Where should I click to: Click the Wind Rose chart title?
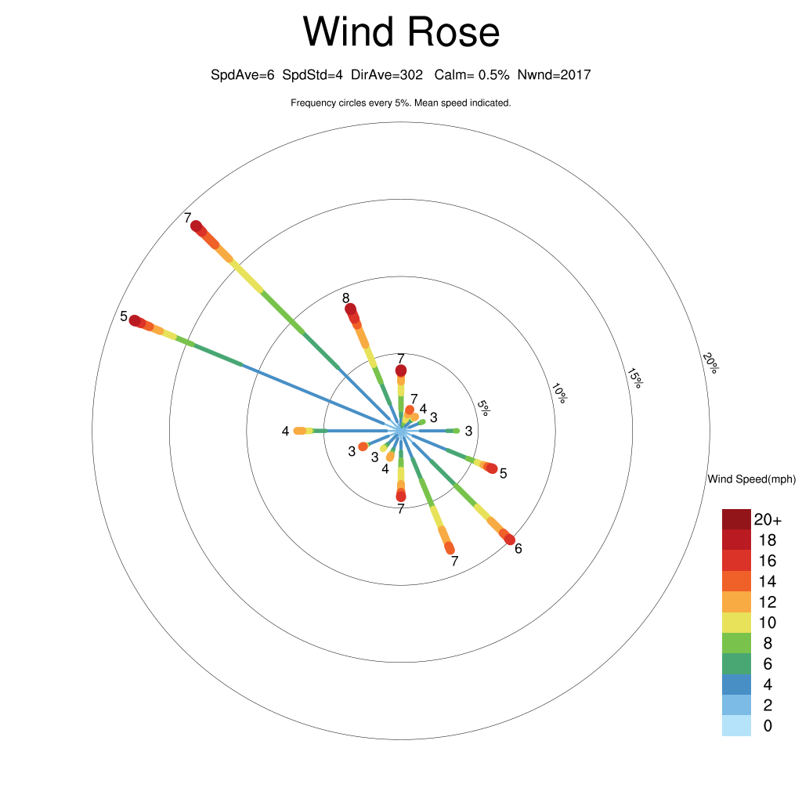401,31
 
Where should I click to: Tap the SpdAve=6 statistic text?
243,75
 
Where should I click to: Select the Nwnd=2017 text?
554,75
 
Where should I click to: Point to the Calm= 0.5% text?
471,75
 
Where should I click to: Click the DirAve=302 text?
387,75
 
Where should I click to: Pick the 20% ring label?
710,363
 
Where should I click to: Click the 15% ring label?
634,378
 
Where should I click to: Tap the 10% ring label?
559,393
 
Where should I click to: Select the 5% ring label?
483,407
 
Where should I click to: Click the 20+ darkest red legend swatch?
736,520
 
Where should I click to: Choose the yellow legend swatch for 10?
736,623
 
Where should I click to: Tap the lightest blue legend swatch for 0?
736,726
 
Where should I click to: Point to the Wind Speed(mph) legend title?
751,479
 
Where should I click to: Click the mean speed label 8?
345,298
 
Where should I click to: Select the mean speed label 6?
518,549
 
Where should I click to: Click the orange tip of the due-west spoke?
298,432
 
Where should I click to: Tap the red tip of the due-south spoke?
401,496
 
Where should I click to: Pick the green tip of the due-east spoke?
457,432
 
